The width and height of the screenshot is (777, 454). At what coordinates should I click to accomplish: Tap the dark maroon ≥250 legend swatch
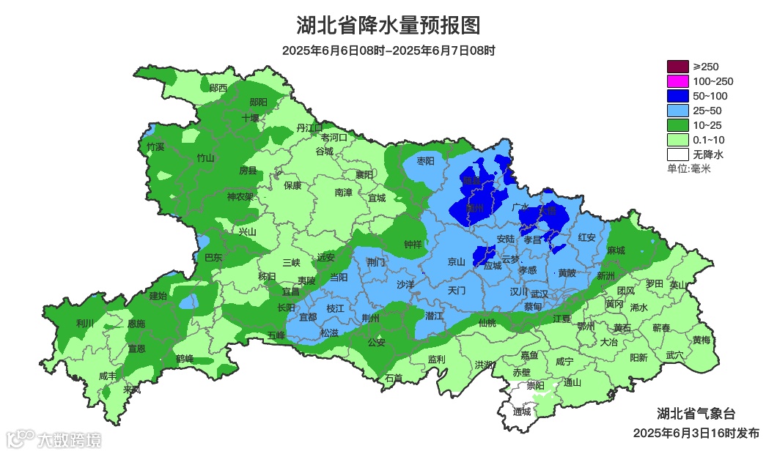click(x=678, y=67)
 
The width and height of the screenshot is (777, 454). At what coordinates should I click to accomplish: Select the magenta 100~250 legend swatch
click(x=678, y=81)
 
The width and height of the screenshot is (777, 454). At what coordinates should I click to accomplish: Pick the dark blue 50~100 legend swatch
click(x=678, y=96)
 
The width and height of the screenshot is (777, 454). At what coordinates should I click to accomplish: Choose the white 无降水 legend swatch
click(x=678, y=155)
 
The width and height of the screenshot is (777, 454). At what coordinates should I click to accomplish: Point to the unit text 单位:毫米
click(x=688, y=168)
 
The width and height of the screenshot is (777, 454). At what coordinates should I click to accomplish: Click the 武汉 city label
click(x=540, y=292)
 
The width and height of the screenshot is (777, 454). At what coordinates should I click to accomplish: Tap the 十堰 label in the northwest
click(x=251, y=118)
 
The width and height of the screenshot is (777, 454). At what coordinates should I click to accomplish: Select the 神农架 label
click(x=240, y=197)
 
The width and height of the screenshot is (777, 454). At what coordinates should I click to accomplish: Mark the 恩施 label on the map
click(x=136, y=323)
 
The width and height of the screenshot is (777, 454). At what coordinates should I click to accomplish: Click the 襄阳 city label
click(x=364, y=174)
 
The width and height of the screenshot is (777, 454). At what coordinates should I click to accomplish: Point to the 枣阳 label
click(x=425, y=161)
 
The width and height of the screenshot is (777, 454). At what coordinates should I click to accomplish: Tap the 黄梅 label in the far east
click(x=701, y=340)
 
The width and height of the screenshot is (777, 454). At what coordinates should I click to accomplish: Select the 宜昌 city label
click(x=291, y=291)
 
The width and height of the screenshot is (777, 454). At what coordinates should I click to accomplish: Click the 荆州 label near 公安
click(x=371, y=318)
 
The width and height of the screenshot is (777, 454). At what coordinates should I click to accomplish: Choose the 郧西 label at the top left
click(x=218, y=88)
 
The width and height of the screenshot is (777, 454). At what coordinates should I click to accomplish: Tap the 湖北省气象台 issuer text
click(x=696, y=412)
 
